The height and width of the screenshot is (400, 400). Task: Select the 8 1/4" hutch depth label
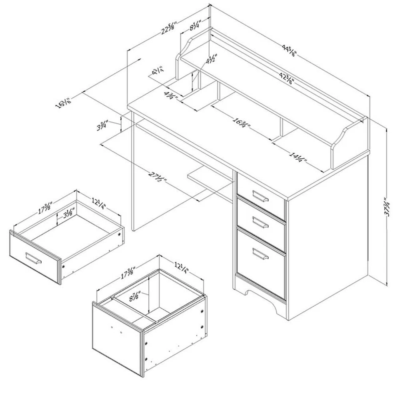(195, 26)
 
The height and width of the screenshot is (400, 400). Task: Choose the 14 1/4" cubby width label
(298, 158)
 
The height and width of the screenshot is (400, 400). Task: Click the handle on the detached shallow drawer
(33, 258)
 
